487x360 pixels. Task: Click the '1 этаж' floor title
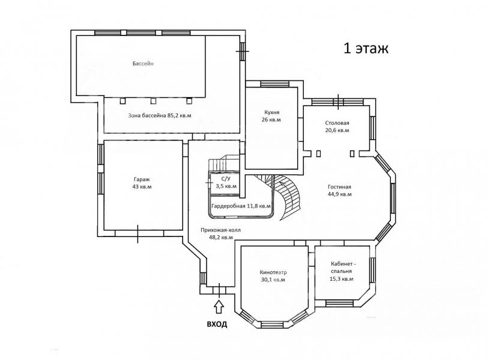(x=366, y=49)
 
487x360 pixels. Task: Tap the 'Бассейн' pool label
(x=143, y=64)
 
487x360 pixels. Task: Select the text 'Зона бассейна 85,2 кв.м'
(x=160, y=115)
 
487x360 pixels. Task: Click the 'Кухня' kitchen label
(x=272, y=112)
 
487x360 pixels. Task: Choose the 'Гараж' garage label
(x=142, y=179)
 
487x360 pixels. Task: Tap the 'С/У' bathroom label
(x=226, y=179)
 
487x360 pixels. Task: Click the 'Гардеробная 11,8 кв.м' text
(x=241, y=206)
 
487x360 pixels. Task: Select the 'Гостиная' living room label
(x=339, y=187)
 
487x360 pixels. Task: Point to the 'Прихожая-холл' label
(x=220, y=230)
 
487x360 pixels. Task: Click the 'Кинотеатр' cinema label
(x=273, y=272)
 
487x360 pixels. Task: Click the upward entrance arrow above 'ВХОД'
(x=219, y=307)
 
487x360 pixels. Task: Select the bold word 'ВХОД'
(x=217, y=325)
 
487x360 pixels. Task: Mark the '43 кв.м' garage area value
(x=142, y=187)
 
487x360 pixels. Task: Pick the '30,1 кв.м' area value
(x=273, y=280)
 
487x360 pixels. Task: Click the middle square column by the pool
(x=153, y=101)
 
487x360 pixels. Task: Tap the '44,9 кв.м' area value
(x=340, y=194)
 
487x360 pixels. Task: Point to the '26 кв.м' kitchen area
(x=271, y=120)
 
